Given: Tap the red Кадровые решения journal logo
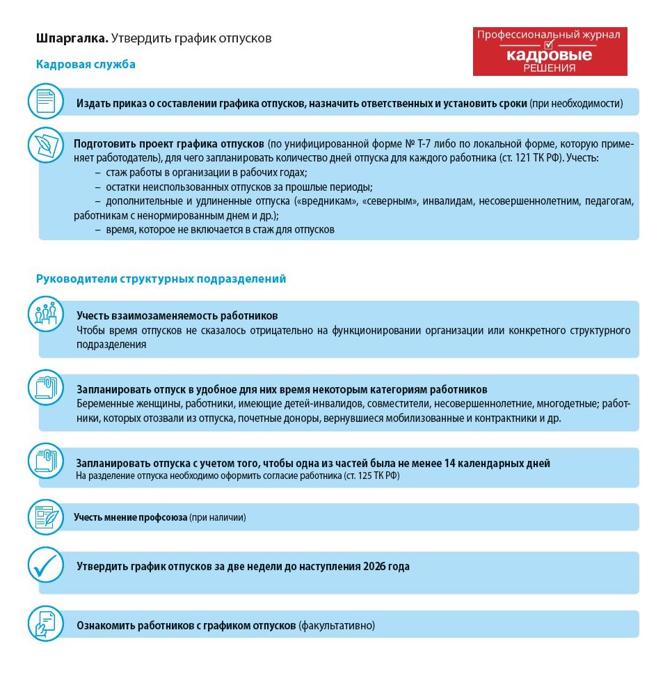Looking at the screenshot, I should [550, 52].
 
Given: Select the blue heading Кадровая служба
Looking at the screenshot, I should [86, 65].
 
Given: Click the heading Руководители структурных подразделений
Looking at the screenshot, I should [161, 279].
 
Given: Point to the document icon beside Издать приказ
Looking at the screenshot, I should [46, 101].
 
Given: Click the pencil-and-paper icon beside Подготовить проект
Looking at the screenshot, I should [46, 144].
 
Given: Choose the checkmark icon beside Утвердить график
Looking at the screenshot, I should [46, 565].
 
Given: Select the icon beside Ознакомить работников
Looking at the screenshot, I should [46, 624].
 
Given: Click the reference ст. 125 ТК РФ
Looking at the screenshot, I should [371, 476].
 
